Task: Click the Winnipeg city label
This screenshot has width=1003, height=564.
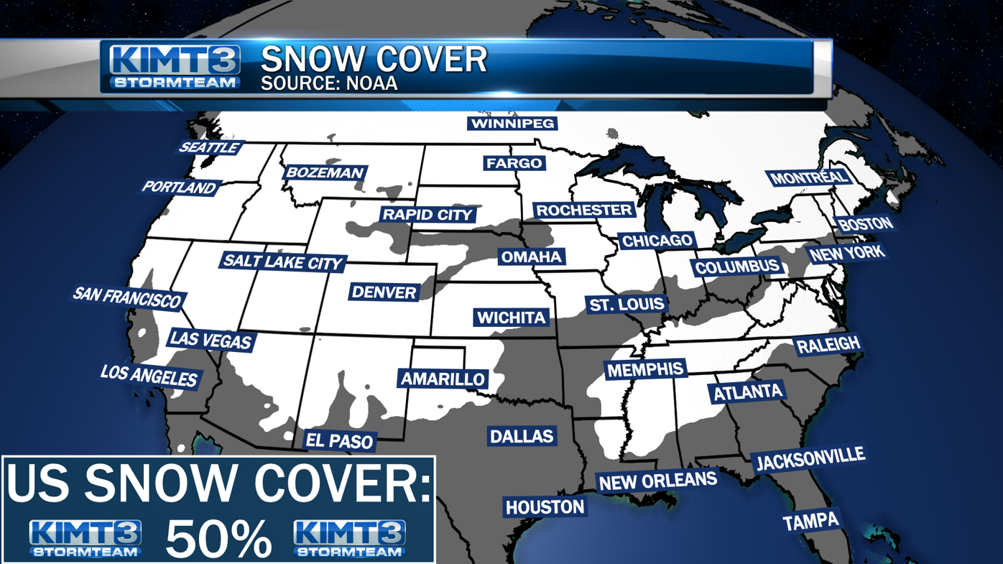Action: tap(512, 124)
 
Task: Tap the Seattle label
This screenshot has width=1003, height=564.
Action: tap(209, 147)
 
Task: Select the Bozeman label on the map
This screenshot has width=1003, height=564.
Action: tap(325, 172)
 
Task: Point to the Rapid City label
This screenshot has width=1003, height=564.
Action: tap(427, 214)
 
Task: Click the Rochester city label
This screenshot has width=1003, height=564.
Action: tap(583, 210)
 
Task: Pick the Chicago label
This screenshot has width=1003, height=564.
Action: tap(657, 241)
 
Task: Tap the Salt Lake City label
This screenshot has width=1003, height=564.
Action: tap(282, 262)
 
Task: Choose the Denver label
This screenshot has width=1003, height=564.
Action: tap(384, 292)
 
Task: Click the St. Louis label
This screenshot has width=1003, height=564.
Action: tap(627, 304)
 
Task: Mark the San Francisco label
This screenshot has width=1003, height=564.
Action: tap(127, 297)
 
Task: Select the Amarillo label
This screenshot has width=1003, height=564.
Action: tap(443, 379)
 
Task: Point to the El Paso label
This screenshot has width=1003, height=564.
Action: tap(340, 440)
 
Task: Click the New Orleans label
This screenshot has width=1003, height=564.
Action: tap(657, 481)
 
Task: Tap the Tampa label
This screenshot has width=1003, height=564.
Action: tap(810, 521)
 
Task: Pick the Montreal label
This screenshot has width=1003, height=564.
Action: tap(808, 177)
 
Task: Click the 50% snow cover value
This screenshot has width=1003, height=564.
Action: tap(218, 538)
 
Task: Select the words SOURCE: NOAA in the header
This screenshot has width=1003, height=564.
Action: tap(328, 83)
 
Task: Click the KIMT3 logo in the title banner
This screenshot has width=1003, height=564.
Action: tap(175, 67)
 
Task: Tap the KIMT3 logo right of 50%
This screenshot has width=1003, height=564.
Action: tap(349, 538)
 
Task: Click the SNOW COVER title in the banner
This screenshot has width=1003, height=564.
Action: tap(374, 59)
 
